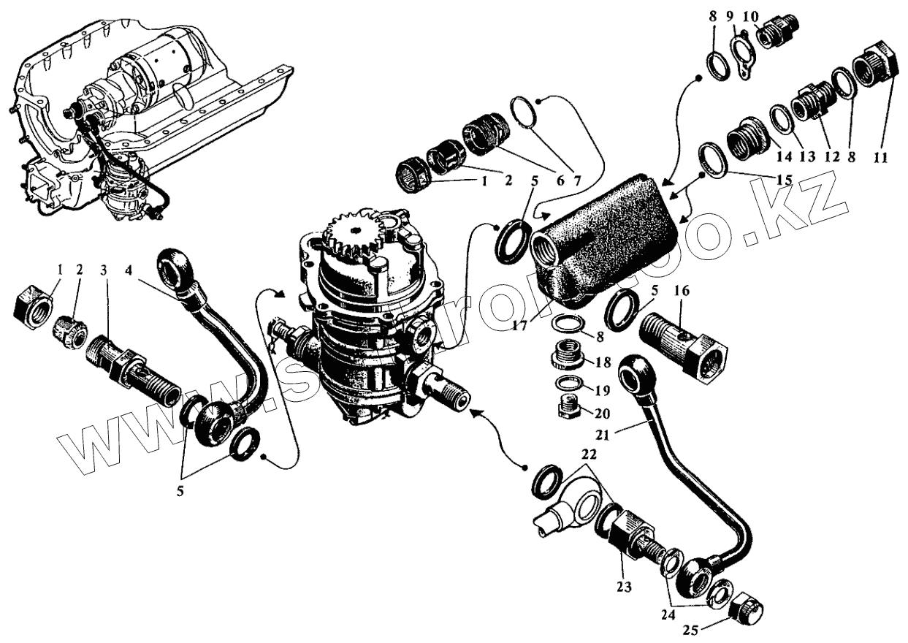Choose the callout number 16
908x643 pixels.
(x=682, y=291)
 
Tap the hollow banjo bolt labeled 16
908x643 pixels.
(x=682, y=343)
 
